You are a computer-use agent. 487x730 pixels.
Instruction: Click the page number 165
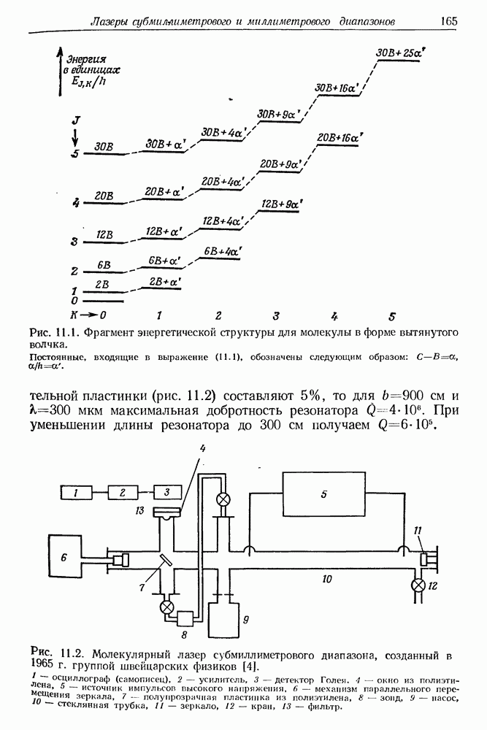pyautogui.click(x=448, y=21)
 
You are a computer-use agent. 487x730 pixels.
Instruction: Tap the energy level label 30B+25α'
pyautogui.click(x=399, y=53)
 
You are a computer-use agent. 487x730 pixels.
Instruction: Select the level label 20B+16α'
pyautogui.click(x=342, y=137)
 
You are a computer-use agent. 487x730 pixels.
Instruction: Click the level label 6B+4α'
pyautogui.click(x=223, y=252)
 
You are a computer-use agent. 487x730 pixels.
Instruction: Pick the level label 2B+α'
pyautogui.click(x=164, y=281)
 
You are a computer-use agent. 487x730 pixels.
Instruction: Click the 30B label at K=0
pyautogui.click(x=104, y=146)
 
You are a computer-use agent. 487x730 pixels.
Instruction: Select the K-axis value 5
pyautogui.click(x=393, y=317)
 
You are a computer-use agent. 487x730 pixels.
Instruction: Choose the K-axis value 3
pyautogui.click(x=276, y=317)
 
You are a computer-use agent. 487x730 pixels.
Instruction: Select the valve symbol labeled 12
pyautogui.click(x=418, y=585)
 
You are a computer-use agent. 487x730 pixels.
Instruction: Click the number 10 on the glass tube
pyautogui.click(x=327, y=579)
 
